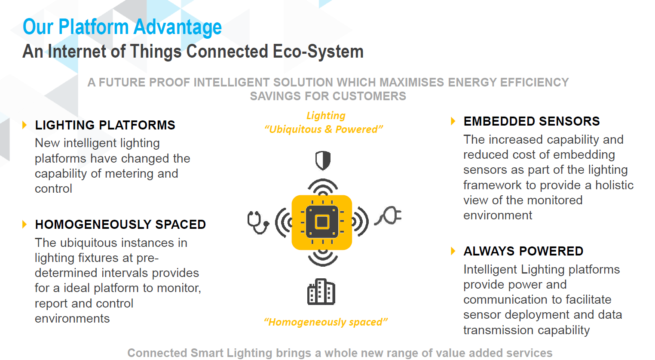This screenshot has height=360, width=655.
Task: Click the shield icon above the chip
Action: coord(323,160)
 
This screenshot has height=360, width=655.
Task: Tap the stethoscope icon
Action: coord(258,222)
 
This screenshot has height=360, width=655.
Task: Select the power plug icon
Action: coord(388,216)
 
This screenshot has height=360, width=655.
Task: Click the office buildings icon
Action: coord(321,292)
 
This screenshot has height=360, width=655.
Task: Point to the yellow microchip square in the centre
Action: coord(322,222)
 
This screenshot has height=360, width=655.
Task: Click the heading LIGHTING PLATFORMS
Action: coord(105,125)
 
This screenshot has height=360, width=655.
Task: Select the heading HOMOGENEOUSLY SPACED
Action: coord(120,225)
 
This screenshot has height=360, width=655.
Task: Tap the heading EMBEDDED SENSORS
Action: coord(532,121)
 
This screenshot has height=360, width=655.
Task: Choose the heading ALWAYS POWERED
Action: coord(523,251)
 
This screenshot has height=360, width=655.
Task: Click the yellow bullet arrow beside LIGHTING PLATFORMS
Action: coord(24,125)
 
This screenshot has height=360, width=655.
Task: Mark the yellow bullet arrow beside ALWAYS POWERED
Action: coord(453,251)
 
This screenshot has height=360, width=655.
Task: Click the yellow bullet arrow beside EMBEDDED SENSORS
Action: coord(453,121)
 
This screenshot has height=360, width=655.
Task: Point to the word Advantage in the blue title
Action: coord(178,27)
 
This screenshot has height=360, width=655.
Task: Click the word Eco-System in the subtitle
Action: coord(318,52)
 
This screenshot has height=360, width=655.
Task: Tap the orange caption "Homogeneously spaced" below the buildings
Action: coord(325,322)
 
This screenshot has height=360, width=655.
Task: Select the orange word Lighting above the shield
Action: coord(326,116)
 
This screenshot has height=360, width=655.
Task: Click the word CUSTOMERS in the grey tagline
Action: coord(369,96)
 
